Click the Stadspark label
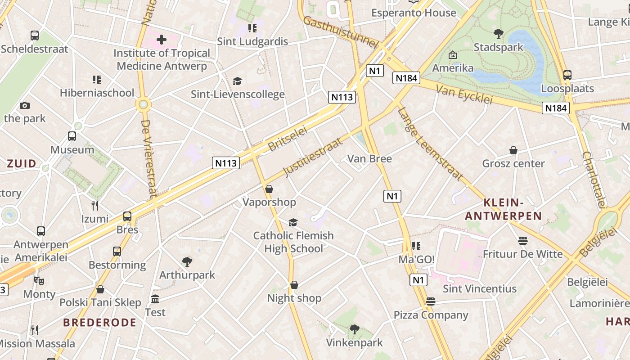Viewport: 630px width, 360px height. click(x=499, y=47)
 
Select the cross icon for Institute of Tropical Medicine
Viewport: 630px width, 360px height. click(x=161, y=40)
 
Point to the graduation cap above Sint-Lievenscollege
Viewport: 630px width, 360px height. click(x=237, y=81)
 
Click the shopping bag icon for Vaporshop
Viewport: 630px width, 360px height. click(x=269, y=189)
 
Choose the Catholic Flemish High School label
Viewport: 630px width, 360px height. click(x=293, y=242)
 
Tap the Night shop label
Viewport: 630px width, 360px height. click(x=294, y=298)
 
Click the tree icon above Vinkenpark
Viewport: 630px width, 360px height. click(x=354, y=329)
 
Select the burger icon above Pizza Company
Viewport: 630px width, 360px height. click(x=431, y=301)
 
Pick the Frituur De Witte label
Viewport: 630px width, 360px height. click(x=522, y=254)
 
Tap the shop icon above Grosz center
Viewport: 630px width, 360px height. click(x=513, y=150)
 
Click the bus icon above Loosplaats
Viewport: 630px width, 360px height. click(x=567, y=75)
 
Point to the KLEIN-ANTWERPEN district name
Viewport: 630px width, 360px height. click(x=503, y=209)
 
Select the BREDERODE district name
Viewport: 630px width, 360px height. click(x=99, y=322)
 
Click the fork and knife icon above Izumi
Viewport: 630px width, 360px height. click(x=94, y=206)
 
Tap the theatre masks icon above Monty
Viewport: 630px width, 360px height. click(x=39, y=281)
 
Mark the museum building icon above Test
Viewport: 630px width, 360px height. click(x=155, y=299)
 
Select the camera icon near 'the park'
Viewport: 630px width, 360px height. click(x=25, y=106)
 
